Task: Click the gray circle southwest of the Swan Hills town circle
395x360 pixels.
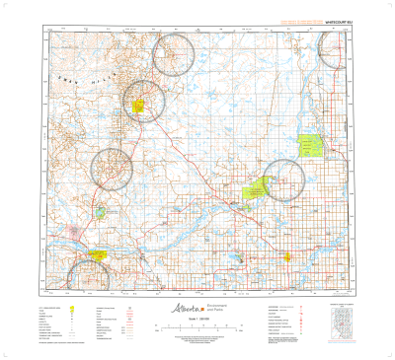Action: [111, 168]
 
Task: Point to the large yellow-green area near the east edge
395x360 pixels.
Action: [313, 146]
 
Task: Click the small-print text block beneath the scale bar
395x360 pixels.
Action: [198, 341]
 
